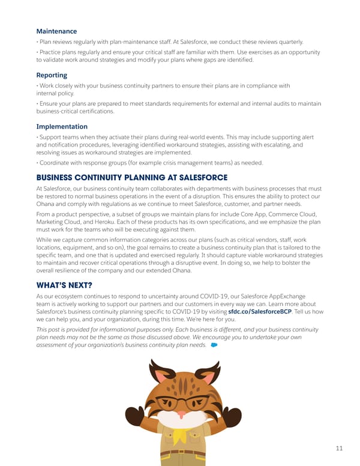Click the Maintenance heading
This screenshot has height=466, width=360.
pyautogui.click(x=56, y=31)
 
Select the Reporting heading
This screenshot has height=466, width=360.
pyautogui.click(x=52, y=75)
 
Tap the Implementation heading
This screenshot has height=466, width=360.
pyautogui.click(x=62, y=127)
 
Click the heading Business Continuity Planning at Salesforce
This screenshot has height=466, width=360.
pyautogui.click(x=132, y=178)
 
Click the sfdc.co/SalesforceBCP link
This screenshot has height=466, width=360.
pyautogui.click(x=263, y=311)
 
